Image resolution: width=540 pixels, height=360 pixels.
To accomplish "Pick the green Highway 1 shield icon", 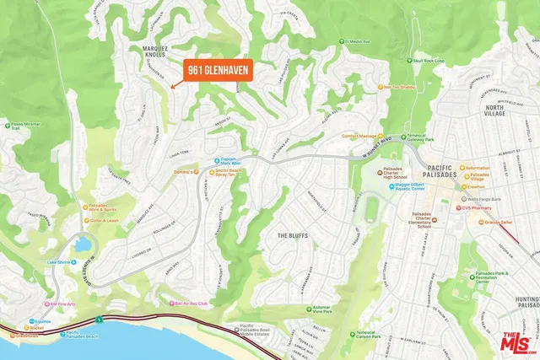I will click(x=100, y=320).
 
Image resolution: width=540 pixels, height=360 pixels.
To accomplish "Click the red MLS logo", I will click(x=514, y=342).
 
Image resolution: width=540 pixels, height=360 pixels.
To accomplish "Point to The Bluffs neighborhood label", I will click(x=294, y=235).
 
